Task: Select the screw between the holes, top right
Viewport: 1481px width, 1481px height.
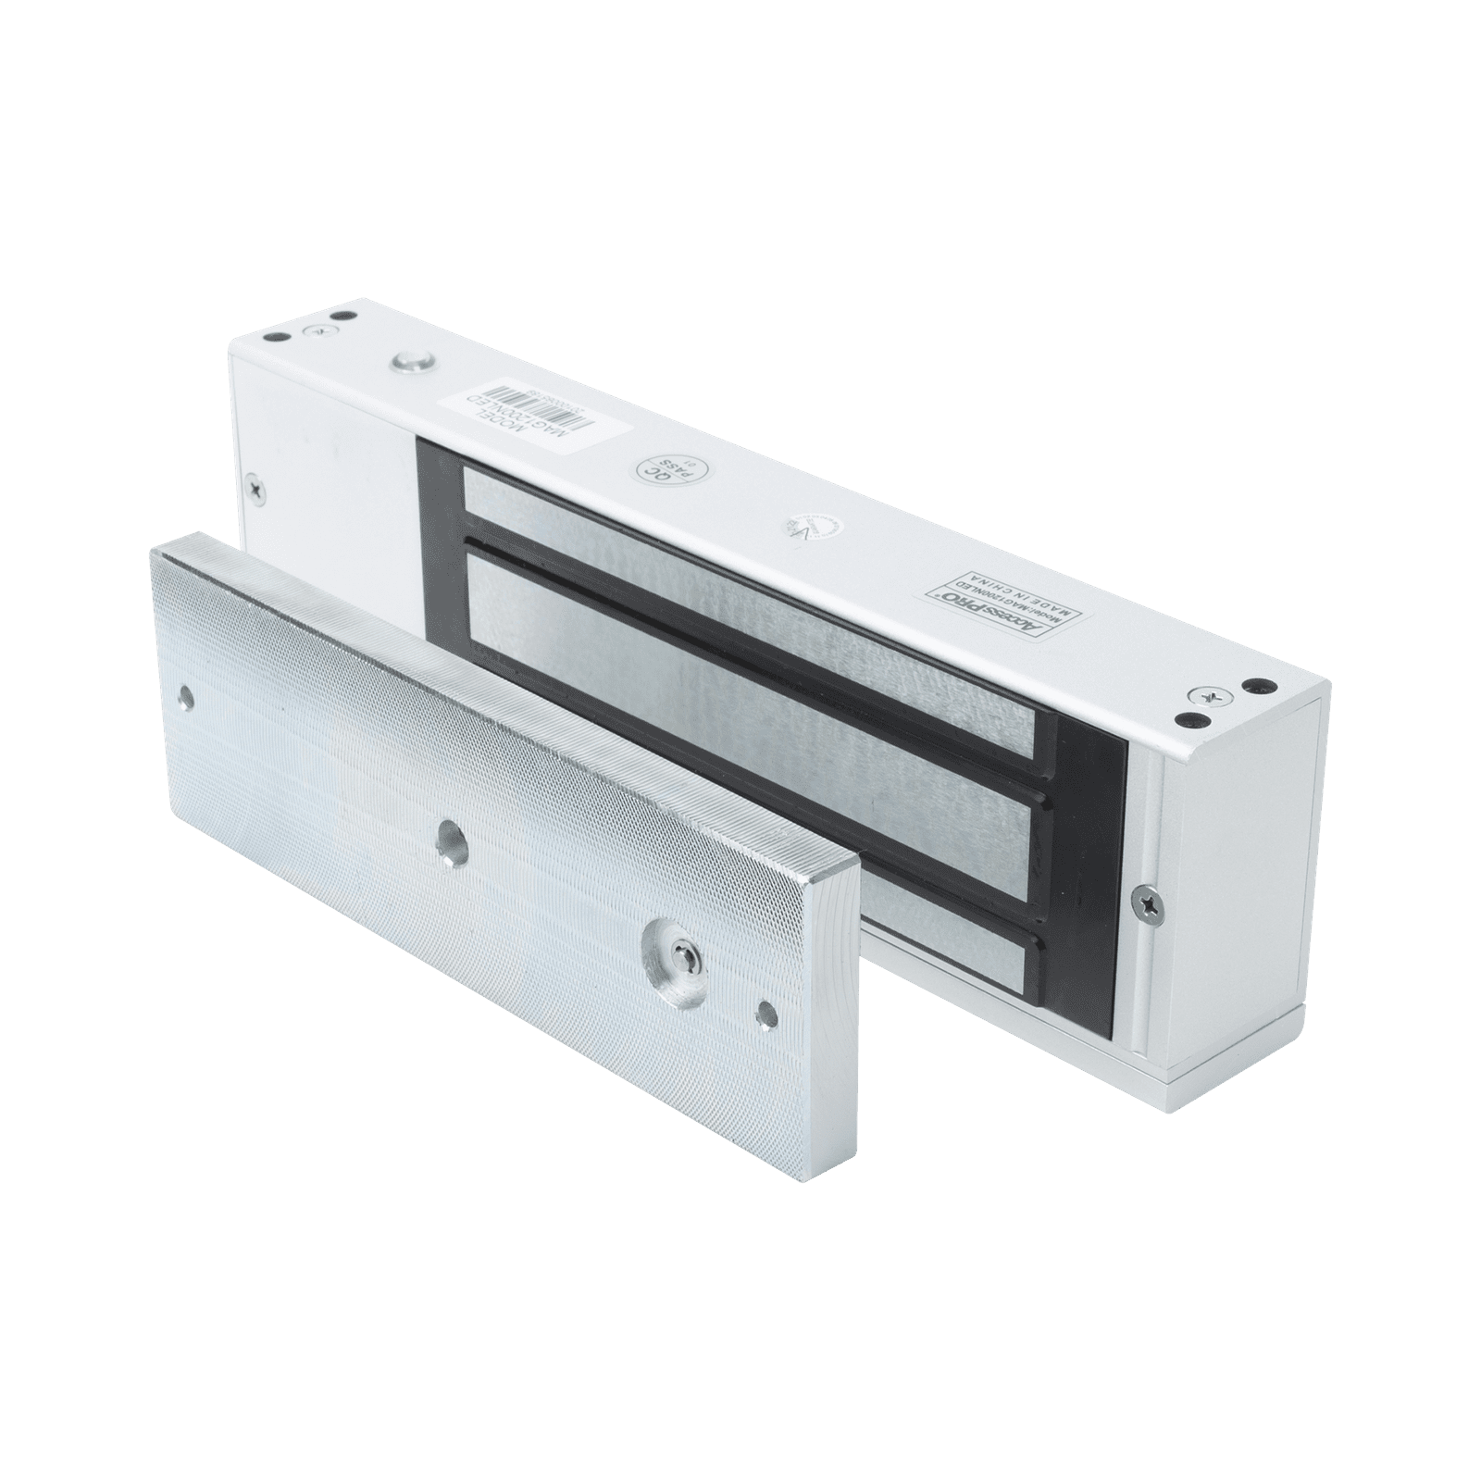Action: click(x=1206, y=693)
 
